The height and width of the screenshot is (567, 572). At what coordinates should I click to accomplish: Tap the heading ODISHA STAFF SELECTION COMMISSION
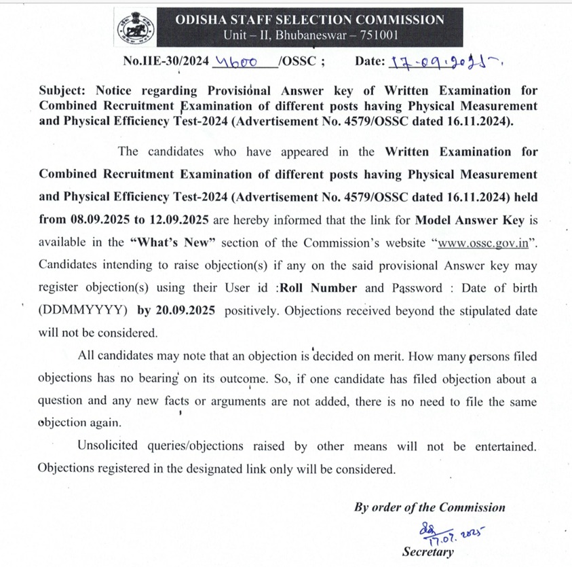point(310,20)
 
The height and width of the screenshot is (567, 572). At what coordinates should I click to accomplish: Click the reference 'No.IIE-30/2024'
point(166,61)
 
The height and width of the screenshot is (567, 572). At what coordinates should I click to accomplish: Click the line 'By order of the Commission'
point(430,507)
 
